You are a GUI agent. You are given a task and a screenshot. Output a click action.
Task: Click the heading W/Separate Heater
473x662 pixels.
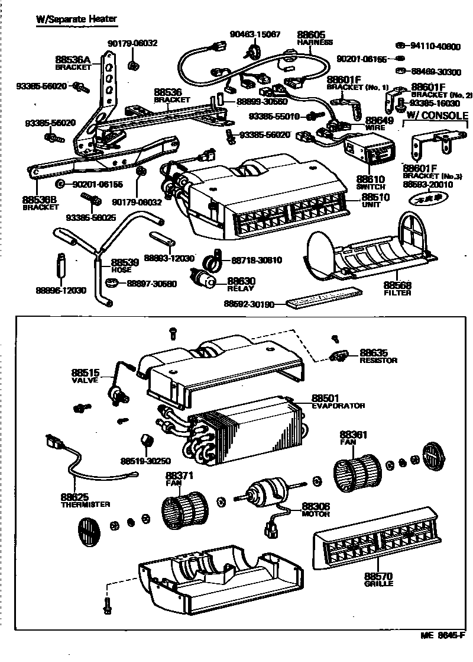point(76,19)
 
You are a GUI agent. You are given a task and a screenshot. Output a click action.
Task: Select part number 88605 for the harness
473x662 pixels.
point(311,35)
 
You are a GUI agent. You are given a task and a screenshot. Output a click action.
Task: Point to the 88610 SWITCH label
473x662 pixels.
point(371,182)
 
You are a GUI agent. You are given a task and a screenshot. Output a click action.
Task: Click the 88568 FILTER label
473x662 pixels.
point(397,288)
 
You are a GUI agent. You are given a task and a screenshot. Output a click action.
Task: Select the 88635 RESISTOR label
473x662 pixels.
point(378,355)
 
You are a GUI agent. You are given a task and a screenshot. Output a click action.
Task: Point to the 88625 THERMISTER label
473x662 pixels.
point(85,500)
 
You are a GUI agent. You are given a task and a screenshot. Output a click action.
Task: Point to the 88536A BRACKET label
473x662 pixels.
point(73,63)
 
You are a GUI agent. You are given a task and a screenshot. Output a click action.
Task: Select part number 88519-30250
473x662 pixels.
point(145,461)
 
